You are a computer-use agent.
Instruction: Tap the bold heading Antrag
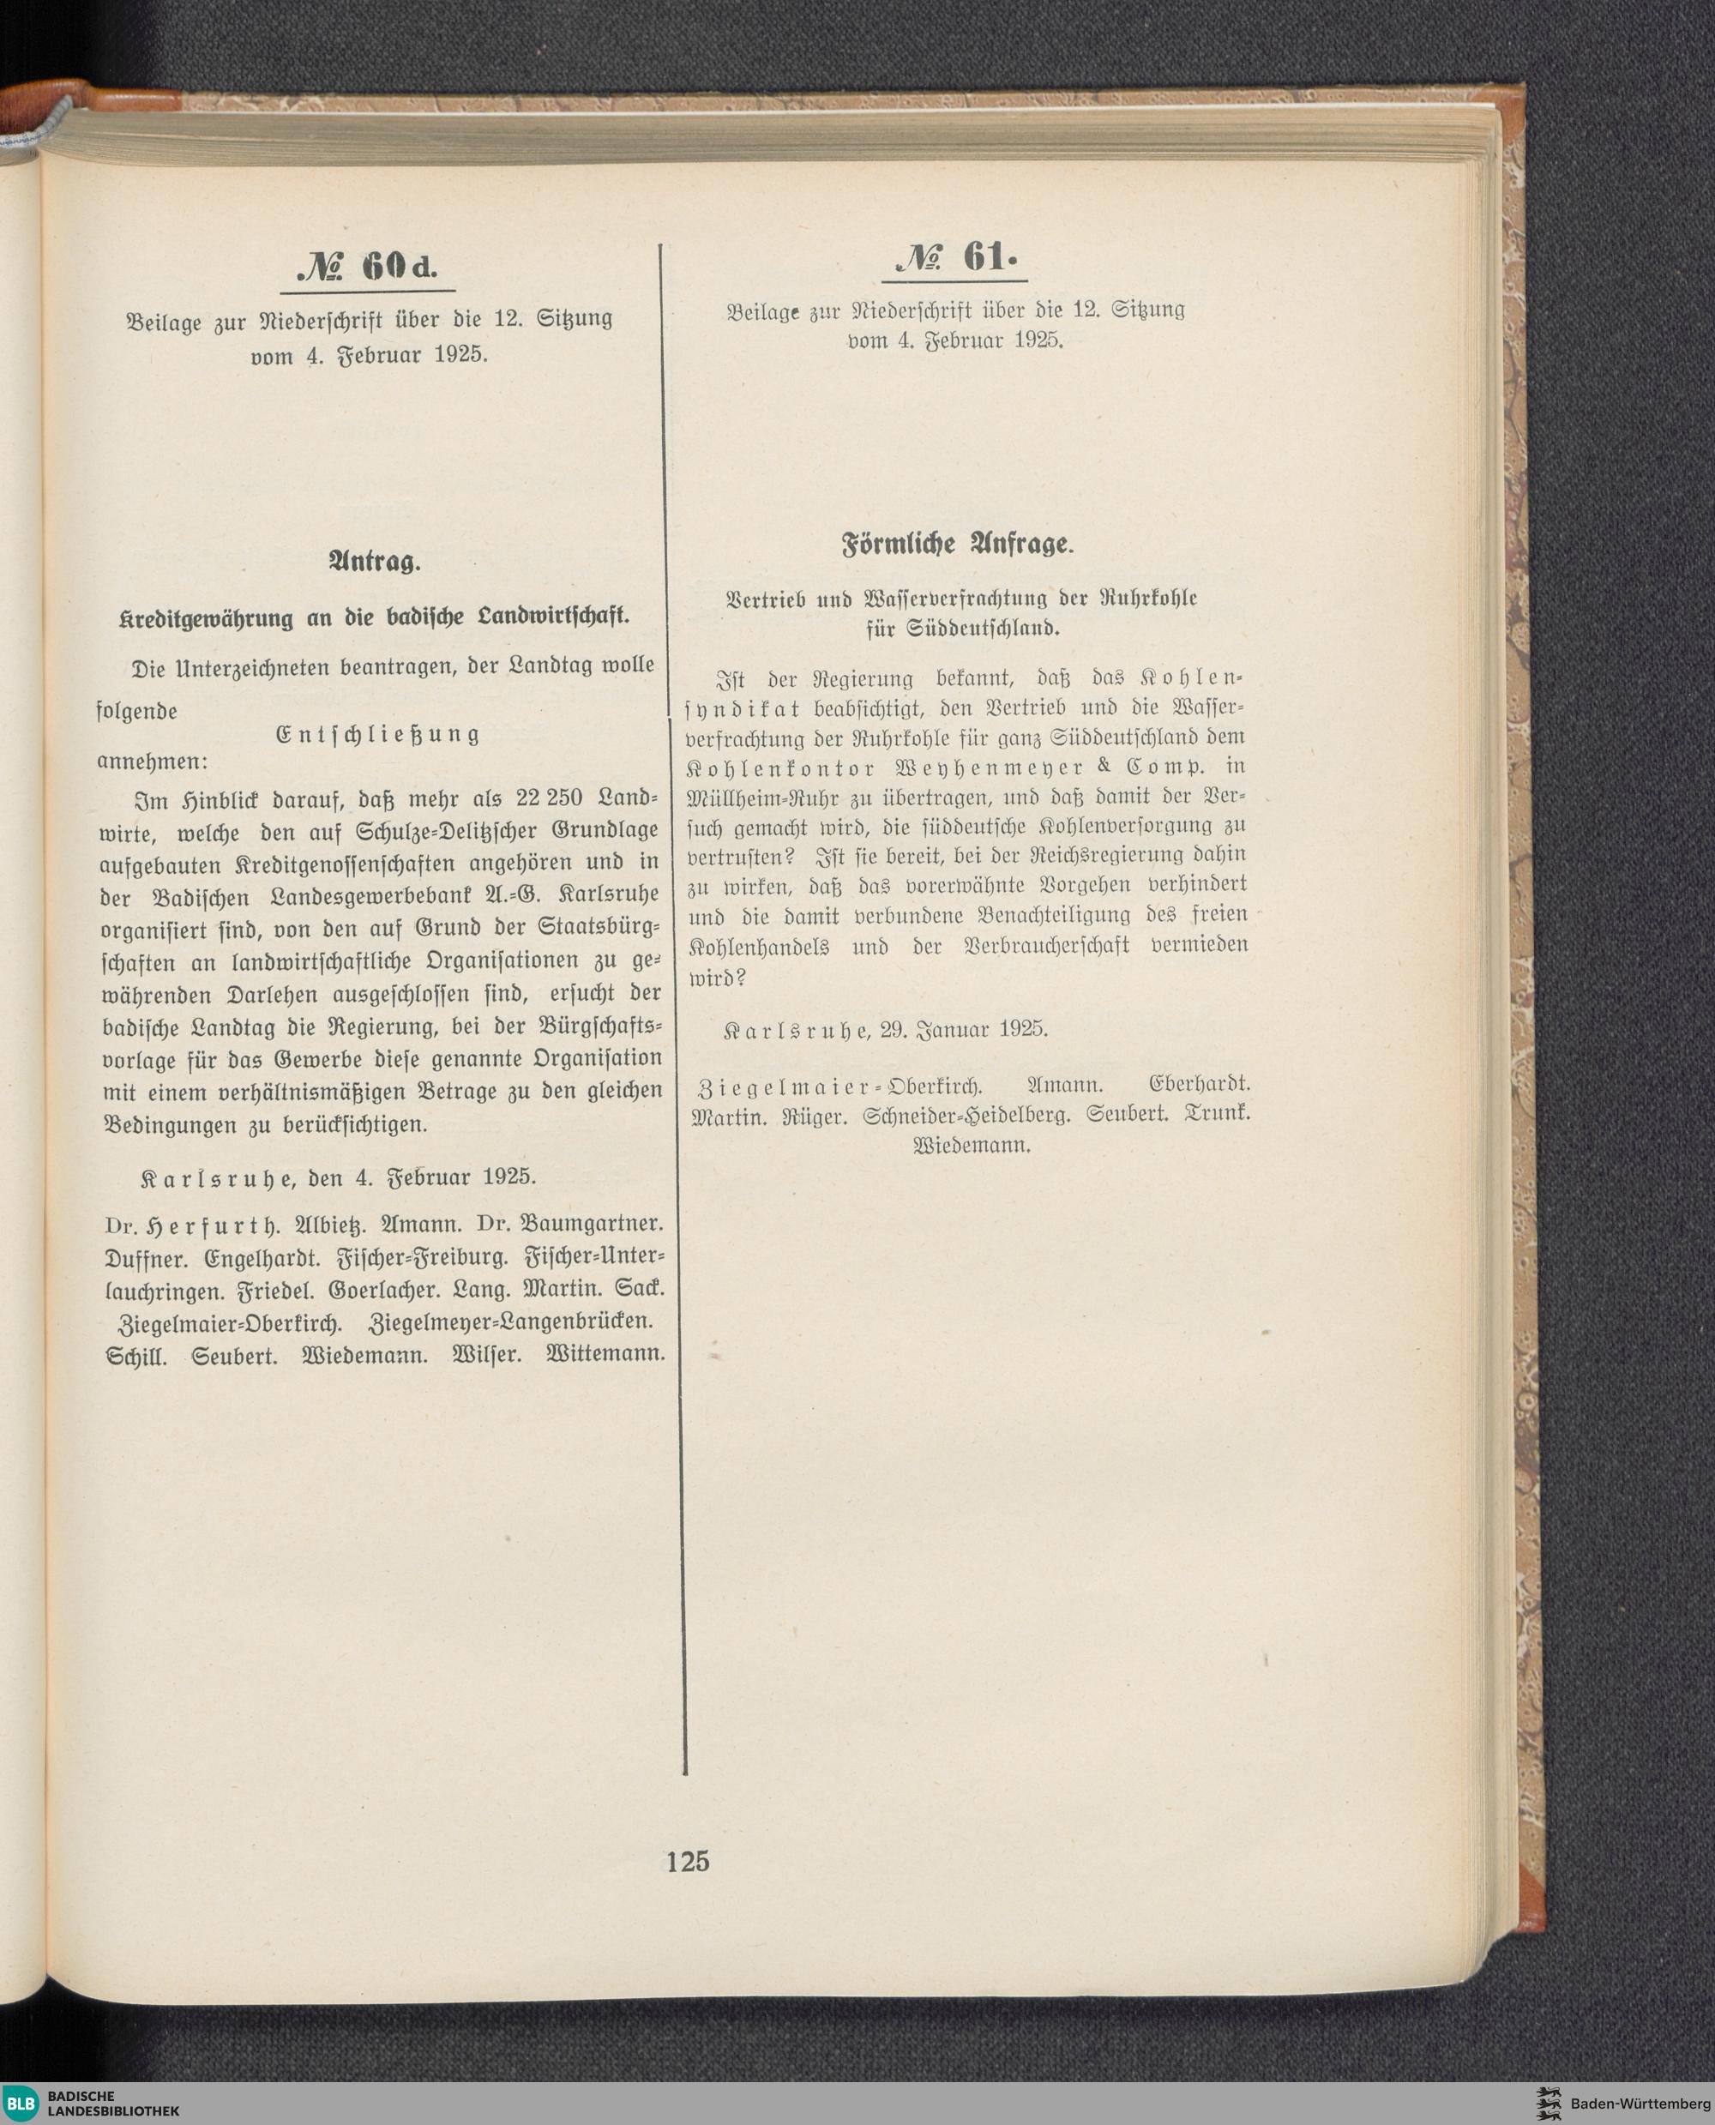click(375, 563)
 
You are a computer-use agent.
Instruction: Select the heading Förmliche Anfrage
click(956, 544)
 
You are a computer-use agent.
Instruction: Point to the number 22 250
click(550, 798)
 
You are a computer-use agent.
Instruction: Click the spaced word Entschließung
click(378, 735)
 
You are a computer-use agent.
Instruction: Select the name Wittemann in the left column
click(605, 1353)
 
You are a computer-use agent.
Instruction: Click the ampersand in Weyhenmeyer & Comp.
click(1104, 766)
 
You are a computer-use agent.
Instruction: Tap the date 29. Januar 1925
click(963, 1029)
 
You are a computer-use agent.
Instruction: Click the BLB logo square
click(21, 2103)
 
